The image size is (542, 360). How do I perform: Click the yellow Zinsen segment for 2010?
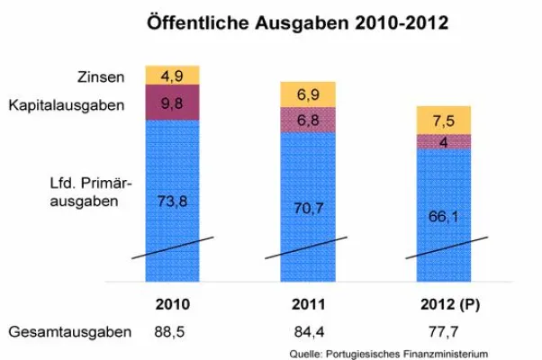pos(171,75)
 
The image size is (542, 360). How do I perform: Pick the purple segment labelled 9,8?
pos(171,102)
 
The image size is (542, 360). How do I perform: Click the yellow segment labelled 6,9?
pos(306,94)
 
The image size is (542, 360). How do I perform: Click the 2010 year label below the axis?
pos(171,304)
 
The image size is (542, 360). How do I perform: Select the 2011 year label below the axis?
pos(306,304)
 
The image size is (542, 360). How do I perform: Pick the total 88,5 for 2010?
pos(171,332)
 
